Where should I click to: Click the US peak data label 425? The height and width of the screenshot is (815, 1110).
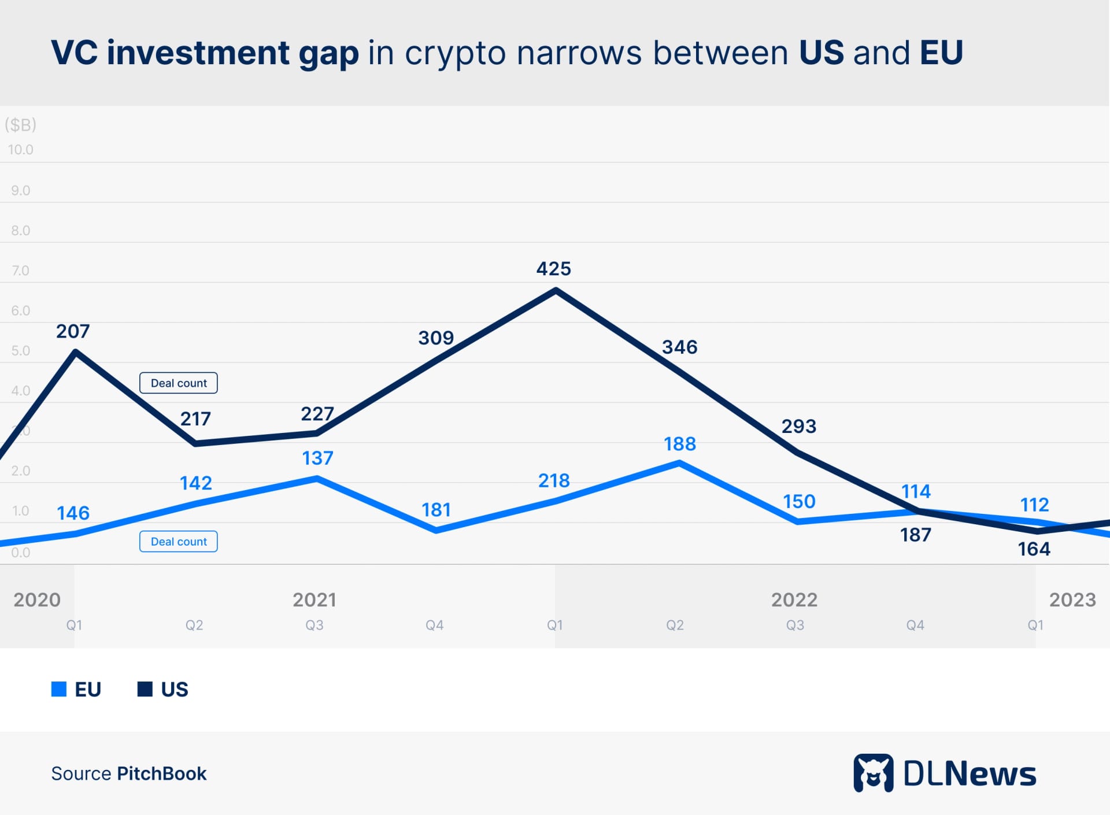553,269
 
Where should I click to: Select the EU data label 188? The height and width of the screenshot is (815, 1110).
679,444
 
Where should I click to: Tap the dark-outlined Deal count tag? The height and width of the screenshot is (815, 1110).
179,383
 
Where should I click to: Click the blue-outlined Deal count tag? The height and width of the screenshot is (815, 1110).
179,542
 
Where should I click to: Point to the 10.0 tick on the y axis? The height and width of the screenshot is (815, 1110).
20,150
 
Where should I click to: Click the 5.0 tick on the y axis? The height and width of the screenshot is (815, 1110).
20,351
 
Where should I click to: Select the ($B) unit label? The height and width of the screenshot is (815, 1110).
20,124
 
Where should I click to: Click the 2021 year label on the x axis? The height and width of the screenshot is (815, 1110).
314,600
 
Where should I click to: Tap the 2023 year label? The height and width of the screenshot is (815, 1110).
1072,600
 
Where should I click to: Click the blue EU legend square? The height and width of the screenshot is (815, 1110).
59,689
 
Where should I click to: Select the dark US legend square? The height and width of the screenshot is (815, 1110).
145,689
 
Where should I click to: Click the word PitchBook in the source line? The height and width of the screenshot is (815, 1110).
161,773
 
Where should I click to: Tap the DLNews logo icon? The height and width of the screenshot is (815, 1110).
873,773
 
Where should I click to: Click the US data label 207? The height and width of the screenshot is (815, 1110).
73,331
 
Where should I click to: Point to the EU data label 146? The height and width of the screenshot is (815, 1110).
73,513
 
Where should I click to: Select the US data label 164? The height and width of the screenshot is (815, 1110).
1034,549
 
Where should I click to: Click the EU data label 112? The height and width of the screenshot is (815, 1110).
1034,505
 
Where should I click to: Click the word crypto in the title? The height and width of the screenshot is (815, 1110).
455,53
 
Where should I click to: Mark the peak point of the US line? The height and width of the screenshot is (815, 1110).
556,290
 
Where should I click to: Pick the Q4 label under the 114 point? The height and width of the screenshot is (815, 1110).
915,625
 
